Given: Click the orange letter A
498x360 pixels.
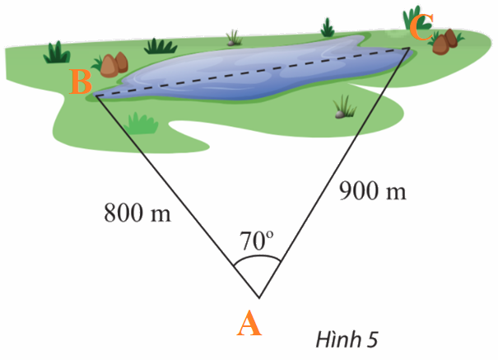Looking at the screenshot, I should point(249,324).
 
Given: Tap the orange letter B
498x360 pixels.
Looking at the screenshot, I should point(81,82).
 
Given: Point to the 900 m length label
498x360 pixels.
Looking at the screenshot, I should point(373,191).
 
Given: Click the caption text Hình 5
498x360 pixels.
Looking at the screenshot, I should point(347,338).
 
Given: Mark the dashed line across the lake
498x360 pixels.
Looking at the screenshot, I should point(255,71).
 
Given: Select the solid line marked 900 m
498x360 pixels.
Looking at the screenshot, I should point(333,174).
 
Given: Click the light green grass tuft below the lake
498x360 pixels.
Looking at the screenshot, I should point(142,123).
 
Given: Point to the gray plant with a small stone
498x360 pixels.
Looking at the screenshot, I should point(344,105).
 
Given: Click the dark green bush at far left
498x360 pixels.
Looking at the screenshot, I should point(57,52).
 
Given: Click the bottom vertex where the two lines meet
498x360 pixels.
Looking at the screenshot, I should point(258,297).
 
